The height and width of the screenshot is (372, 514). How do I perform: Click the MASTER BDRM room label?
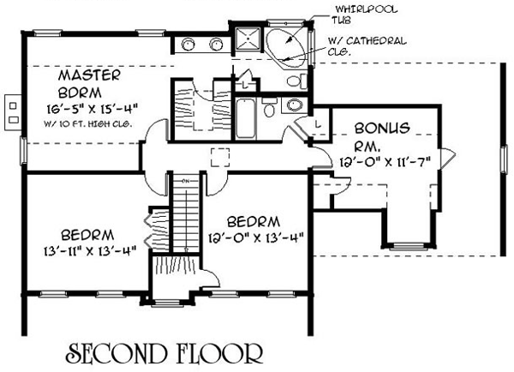(89, 84)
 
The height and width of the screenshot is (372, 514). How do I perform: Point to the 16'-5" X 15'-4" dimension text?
(92, 108)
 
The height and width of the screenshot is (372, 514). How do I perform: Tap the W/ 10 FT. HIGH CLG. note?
(88, 124)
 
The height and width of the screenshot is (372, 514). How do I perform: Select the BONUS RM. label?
(382, 135)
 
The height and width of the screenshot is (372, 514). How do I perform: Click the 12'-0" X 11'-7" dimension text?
(385, 162)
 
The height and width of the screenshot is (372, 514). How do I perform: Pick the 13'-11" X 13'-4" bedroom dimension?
(89, 251)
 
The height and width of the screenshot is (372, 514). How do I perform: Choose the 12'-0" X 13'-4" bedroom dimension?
(256, 237)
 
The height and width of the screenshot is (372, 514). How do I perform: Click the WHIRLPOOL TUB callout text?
(364, 15)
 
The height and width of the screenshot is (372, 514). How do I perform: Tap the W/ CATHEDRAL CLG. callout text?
(367, 46)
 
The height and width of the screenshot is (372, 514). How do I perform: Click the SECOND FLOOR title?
(164, 353)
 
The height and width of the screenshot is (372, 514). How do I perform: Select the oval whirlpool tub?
(286, 45)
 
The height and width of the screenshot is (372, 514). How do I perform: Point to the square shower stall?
(248, 39)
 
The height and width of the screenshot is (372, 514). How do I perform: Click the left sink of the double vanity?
(188, 44)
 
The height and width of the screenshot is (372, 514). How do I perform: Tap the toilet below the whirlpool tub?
(297, 81)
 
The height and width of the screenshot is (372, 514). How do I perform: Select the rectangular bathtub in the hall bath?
(245, 118)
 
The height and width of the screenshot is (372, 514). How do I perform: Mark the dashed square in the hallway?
(219, 158)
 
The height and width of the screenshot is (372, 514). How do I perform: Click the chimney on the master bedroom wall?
(13, 112)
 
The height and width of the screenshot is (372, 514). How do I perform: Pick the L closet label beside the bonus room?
(318, 124)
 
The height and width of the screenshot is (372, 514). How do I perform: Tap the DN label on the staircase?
(186, 181)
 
